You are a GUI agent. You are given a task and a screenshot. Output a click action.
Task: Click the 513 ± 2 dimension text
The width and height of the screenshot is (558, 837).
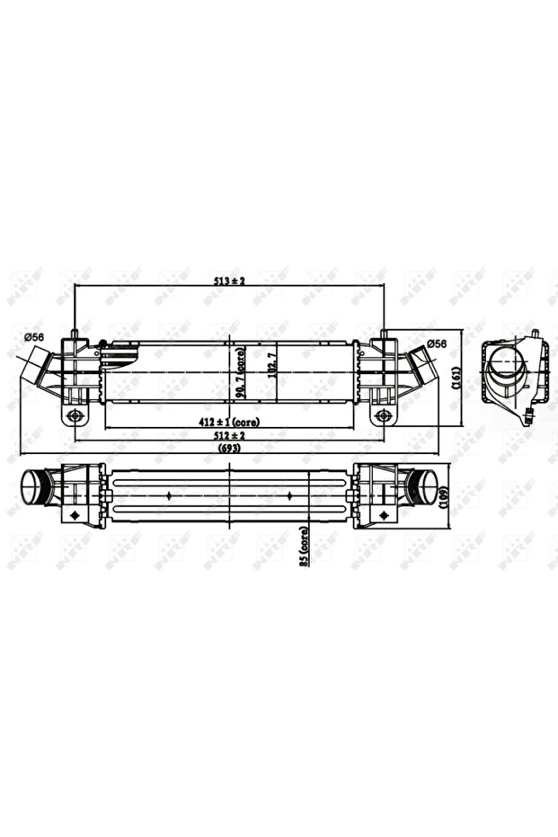[x=229, y=281]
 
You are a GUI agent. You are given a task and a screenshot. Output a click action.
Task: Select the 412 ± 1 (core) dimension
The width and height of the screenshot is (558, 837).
[x=229, y=422]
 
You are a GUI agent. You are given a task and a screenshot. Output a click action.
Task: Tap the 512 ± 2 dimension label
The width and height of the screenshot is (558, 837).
[x=229, y=435]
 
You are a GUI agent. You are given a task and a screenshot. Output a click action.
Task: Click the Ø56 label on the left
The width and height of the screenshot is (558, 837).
[x=35, y=337]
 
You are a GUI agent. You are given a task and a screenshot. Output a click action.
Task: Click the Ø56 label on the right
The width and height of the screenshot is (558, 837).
[x=437, y=343]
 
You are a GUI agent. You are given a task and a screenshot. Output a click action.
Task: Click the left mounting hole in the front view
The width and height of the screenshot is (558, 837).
[x=75, y=415]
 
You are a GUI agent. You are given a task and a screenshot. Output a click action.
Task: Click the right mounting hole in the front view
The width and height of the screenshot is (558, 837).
[x=384, y=415]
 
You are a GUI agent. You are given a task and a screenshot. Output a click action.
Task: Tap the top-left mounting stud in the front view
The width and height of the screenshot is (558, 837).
[x=75, y=336]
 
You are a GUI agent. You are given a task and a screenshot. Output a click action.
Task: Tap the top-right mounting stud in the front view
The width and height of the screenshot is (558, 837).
[x=384, y=336]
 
